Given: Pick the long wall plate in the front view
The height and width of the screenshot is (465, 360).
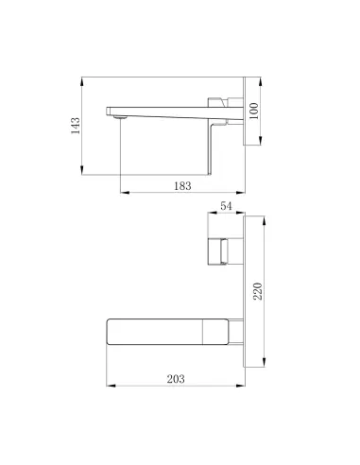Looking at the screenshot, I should (x=252, y=288).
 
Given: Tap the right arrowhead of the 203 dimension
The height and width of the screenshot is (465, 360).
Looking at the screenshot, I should (x=247, y=386).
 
